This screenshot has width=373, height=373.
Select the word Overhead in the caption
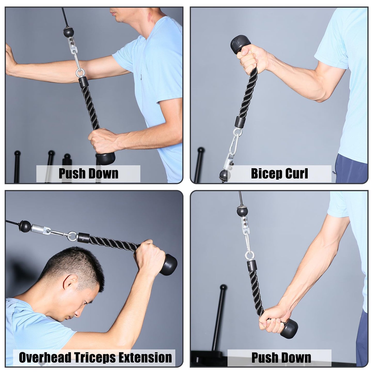(45, 358)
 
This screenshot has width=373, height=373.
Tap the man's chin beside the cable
(117, 19)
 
